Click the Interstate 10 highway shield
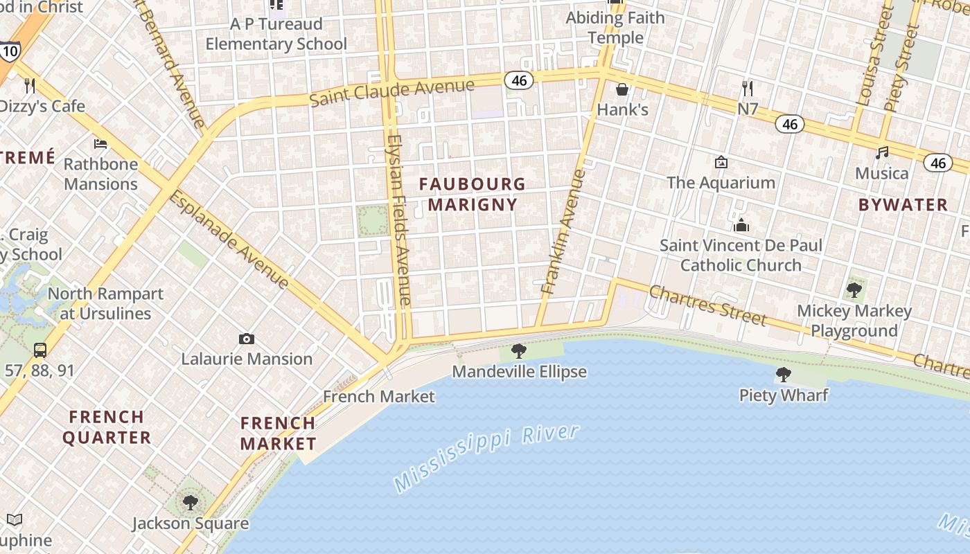coord(10,51)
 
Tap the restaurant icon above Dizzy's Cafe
coord(30,86)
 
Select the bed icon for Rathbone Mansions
coord(100,144)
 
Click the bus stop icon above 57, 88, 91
coord(40,350)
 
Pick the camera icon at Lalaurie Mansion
coord(246,339)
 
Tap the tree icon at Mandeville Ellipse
coord(518,351)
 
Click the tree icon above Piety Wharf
coord(784,375)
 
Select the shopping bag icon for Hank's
coord(622,89)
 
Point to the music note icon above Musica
coord(882,152)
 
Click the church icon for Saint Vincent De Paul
coord(741,225)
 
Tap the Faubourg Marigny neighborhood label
coord(472,194)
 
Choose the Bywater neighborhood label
coord(903,204)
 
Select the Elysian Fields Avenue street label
coord(400,219)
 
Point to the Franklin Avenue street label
coord(563,232)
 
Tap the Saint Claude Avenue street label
coord(391,92)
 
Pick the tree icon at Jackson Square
coord(191,502)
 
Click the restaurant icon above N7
coord(747,89)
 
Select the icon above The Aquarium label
coord(721,162)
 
